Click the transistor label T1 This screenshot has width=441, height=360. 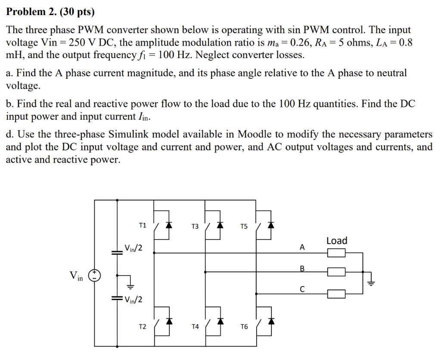pyautogui.click(x=143, y=225)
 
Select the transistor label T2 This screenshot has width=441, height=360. pyautogui.click(x=143, y=327)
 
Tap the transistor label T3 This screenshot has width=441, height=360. pyautogui.click(x=195, y=227)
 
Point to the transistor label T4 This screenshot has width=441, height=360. pyautogui.click(x=195, y=327)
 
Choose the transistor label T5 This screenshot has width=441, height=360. pyautogui.click(x=244, y=227)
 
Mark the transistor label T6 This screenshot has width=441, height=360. pyautogui.click(x=244, y=327)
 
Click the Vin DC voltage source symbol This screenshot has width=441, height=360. pyautogui.click(x=94, y=276)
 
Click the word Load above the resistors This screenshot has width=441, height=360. pyautogui.click(x=336, y=241)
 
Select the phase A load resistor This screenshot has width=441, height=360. pyautogui.click(x=336, y=253)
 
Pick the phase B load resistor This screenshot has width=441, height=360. pyautogui.click(x=336, y=272)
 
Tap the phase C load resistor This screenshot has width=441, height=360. pyautogui.click(x=336, y=294)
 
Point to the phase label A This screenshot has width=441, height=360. pyautogui.click(x=302, y=247)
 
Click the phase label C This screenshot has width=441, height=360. pyautogui.click(x=302, y=290)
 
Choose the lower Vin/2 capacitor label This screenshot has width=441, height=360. pyautogui.click(x=133, y=300)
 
